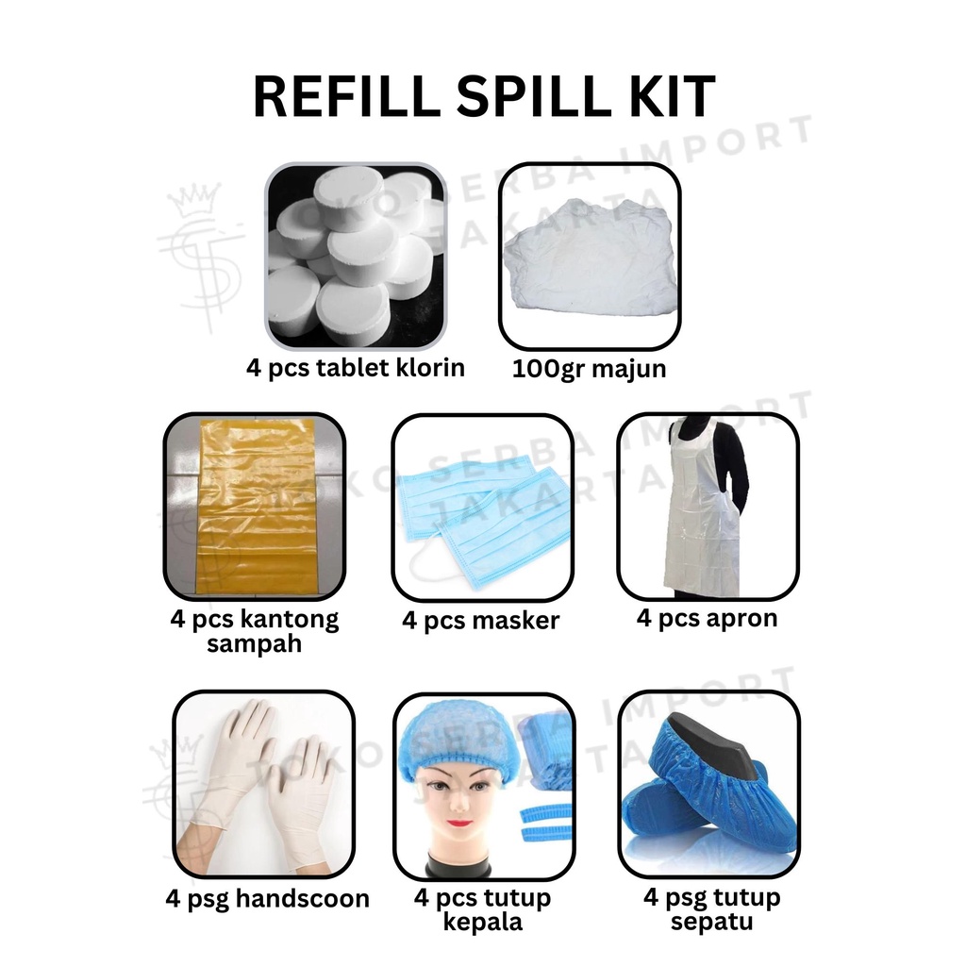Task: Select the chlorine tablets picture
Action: pos(356,257)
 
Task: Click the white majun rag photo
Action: pos(590,256)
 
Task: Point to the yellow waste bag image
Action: pos(255,507)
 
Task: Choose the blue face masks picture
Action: pos(483,507)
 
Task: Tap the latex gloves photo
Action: pos(264,784)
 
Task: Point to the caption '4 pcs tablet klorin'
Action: pos(356,368)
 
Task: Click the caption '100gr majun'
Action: pos(589,369)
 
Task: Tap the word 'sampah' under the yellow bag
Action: pos(254,644)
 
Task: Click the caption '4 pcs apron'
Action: pos(707,618)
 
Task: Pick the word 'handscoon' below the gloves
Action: pos(303,899)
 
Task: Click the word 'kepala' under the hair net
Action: pos(483,923)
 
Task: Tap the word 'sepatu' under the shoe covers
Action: pos(711,923)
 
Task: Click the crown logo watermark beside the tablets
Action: pos(200,256)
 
